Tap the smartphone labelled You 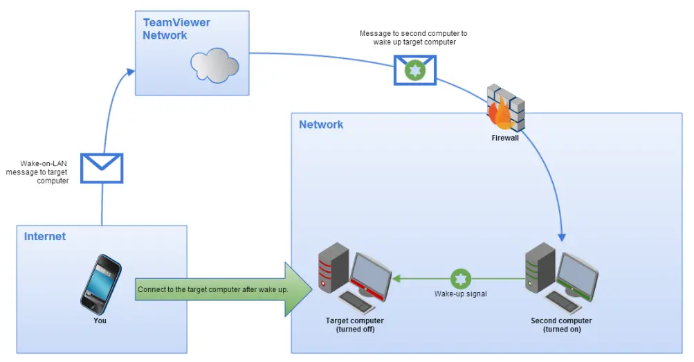click(100, 284)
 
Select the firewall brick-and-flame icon click(506, 108)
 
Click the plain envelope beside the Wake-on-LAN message click(102, 168)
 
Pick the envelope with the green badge click(415, 70)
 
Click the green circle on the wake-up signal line click(461, 280)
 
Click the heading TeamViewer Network click(176, 29)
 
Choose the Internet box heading click(45, 237)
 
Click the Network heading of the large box click(321, 125)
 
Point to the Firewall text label click(505, 138)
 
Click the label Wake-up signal click(461, 294)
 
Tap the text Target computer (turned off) click(354, 325)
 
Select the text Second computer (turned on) click(561, 325)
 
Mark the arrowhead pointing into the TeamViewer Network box click(131, 71)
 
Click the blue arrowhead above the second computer click(563, 235)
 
